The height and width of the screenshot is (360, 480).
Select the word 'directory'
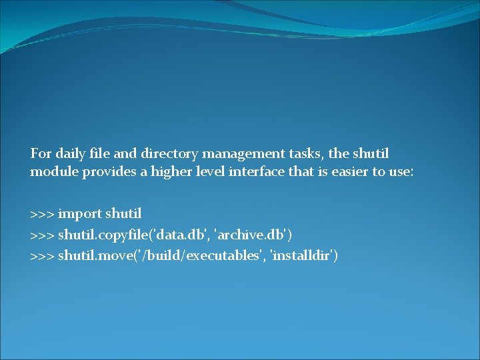pyautogui.click(x=168, y=153)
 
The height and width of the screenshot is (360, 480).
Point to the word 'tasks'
pyautogui.click(x=305, y=153)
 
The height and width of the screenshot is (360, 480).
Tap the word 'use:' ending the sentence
pyautogui.click(x=401, y=172)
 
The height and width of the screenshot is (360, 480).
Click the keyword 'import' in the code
pyautogui.click(x=79, y=214)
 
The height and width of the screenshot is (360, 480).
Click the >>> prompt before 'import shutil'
pyautogui.click(x=42, y=214)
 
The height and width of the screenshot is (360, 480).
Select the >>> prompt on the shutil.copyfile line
pyautogui.click(x=42, y=235)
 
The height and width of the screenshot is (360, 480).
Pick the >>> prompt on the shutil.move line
pyautogui.click(x=42, y=255)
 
